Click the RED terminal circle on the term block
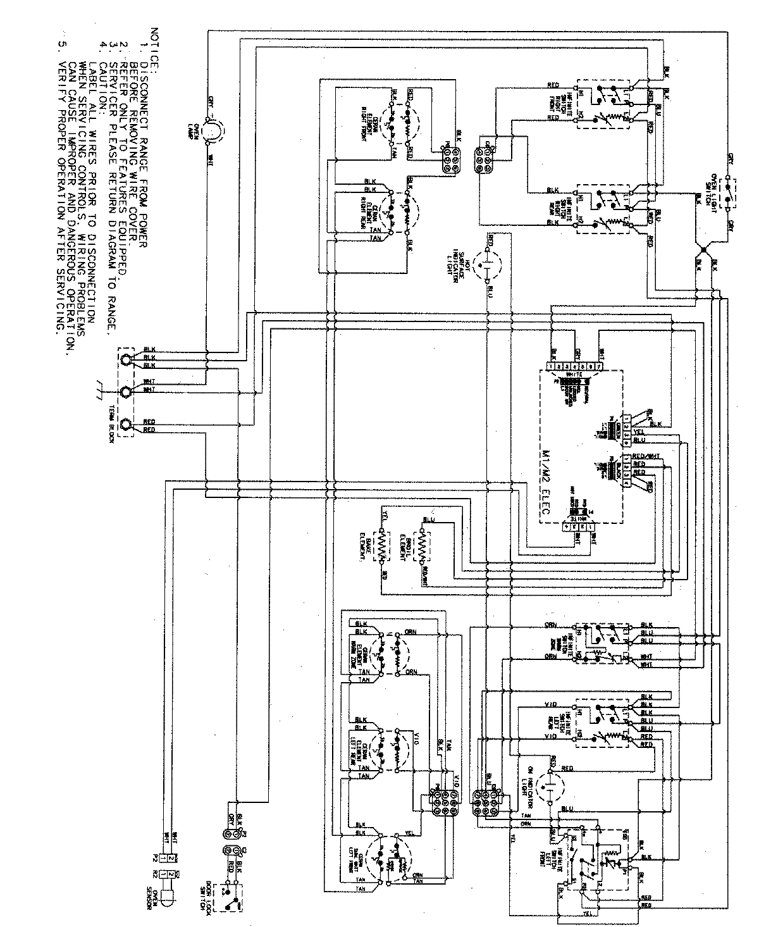point(127,425)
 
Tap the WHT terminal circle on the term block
point(127,391)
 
